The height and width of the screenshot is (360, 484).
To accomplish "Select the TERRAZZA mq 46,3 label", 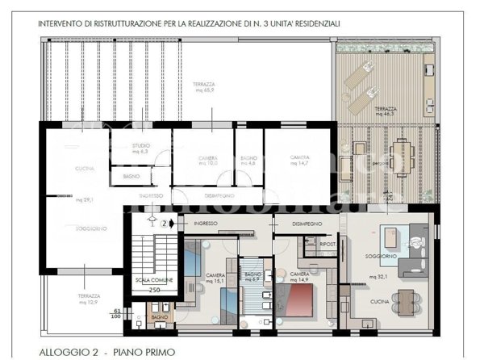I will (x=386, y=113).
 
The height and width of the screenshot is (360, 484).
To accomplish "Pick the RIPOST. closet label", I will (x=305, y=242).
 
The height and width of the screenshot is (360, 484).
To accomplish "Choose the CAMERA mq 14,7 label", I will (x=300, y=161).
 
